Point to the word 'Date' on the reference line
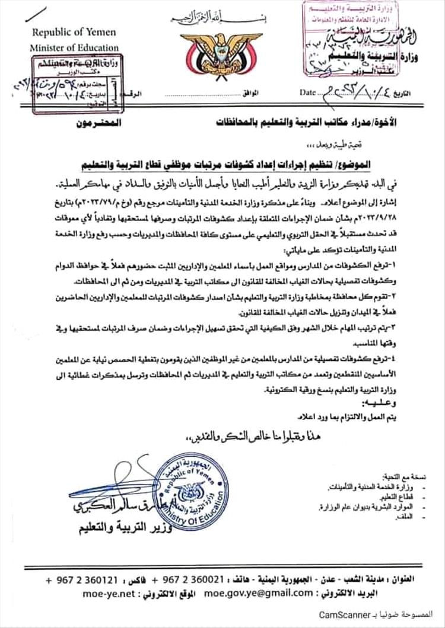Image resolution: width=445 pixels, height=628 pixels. [309, 93]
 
